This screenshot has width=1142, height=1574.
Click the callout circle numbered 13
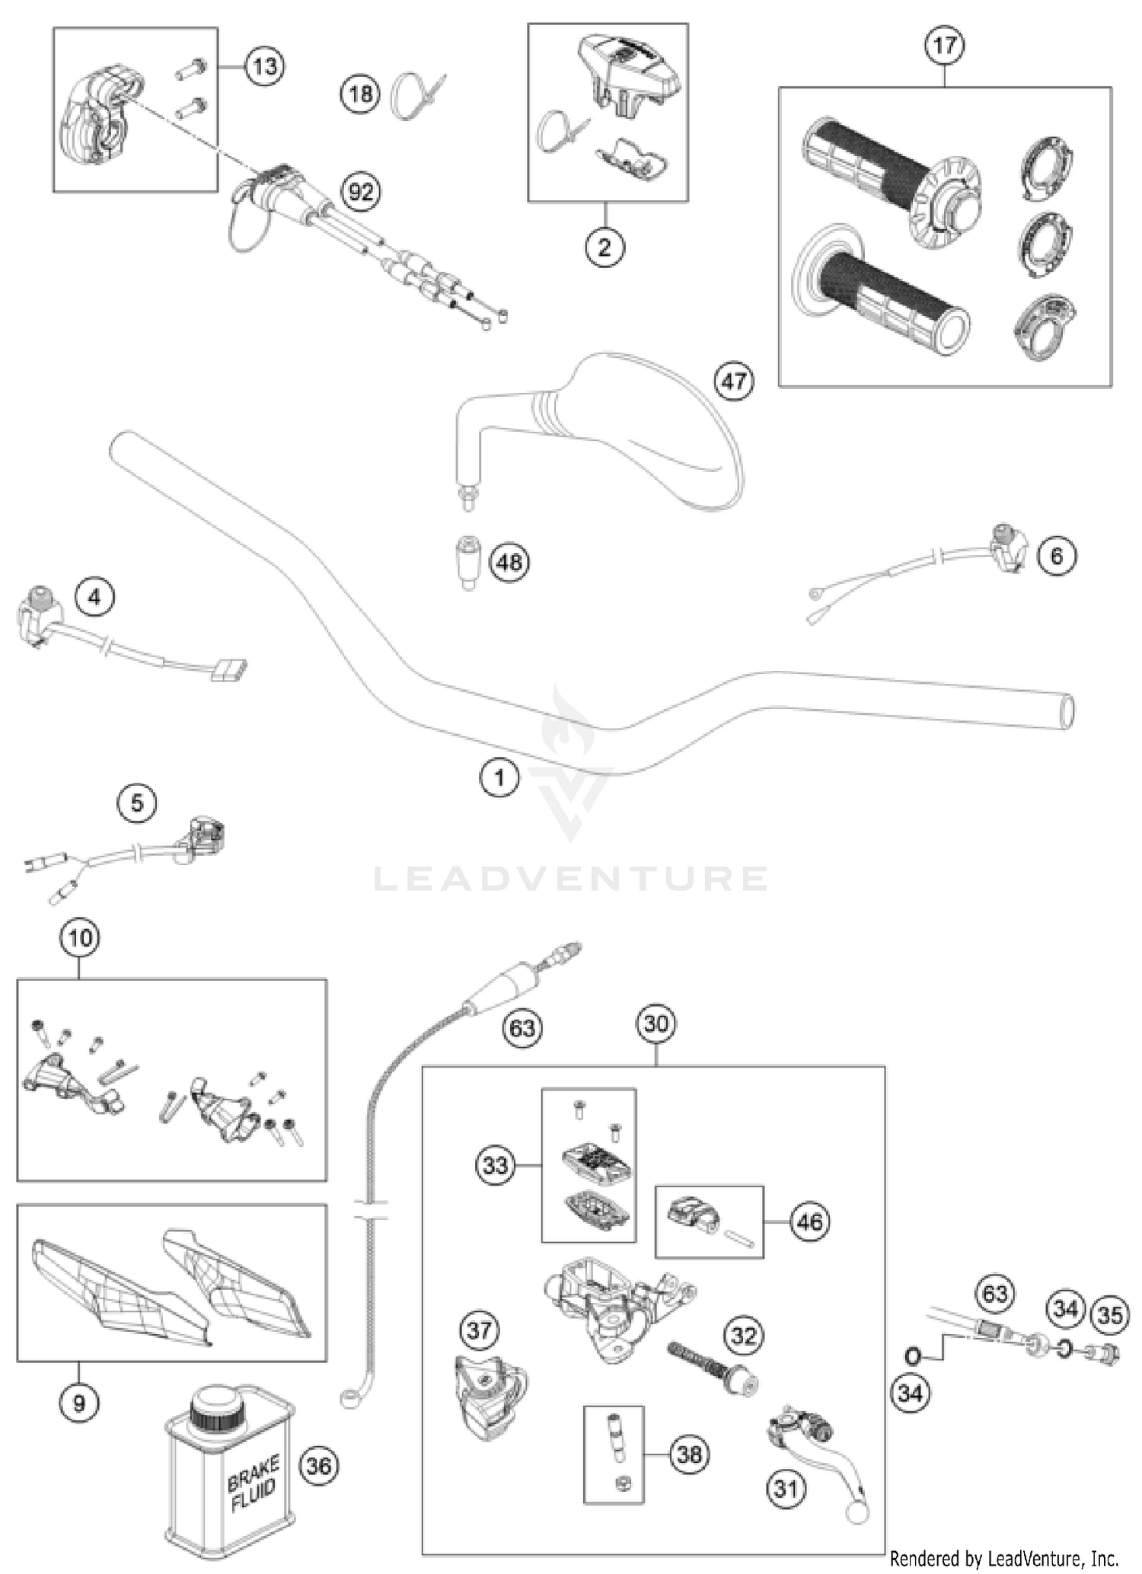264,67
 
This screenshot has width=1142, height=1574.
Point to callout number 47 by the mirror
734,380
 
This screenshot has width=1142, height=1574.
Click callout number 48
509,562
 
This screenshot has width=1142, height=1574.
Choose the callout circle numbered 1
499,777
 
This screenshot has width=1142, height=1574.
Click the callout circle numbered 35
1110,1315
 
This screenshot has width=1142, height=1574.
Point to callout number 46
809,1221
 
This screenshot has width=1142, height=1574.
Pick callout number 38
689,1454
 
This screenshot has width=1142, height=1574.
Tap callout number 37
480,1330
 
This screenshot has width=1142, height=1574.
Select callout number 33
496,1165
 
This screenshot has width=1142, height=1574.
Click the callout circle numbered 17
944,46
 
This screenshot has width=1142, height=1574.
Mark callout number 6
1057,556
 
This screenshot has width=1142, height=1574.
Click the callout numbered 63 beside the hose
522,1029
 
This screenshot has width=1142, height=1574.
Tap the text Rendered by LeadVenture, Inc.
1003,1558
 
